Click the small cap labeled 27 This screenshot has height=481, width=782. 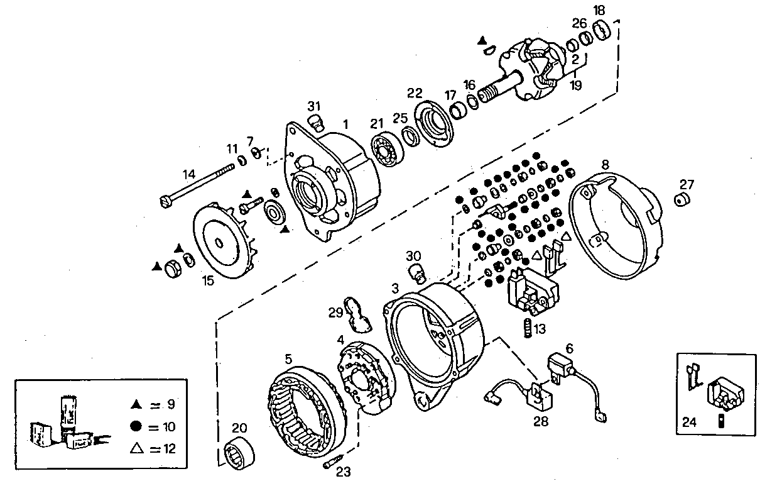682,201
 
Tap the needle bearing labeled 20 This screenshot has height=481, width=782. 238,453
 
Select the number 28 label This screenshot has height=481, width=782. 540,421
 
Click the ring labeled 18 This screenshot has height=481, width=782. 602,28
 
